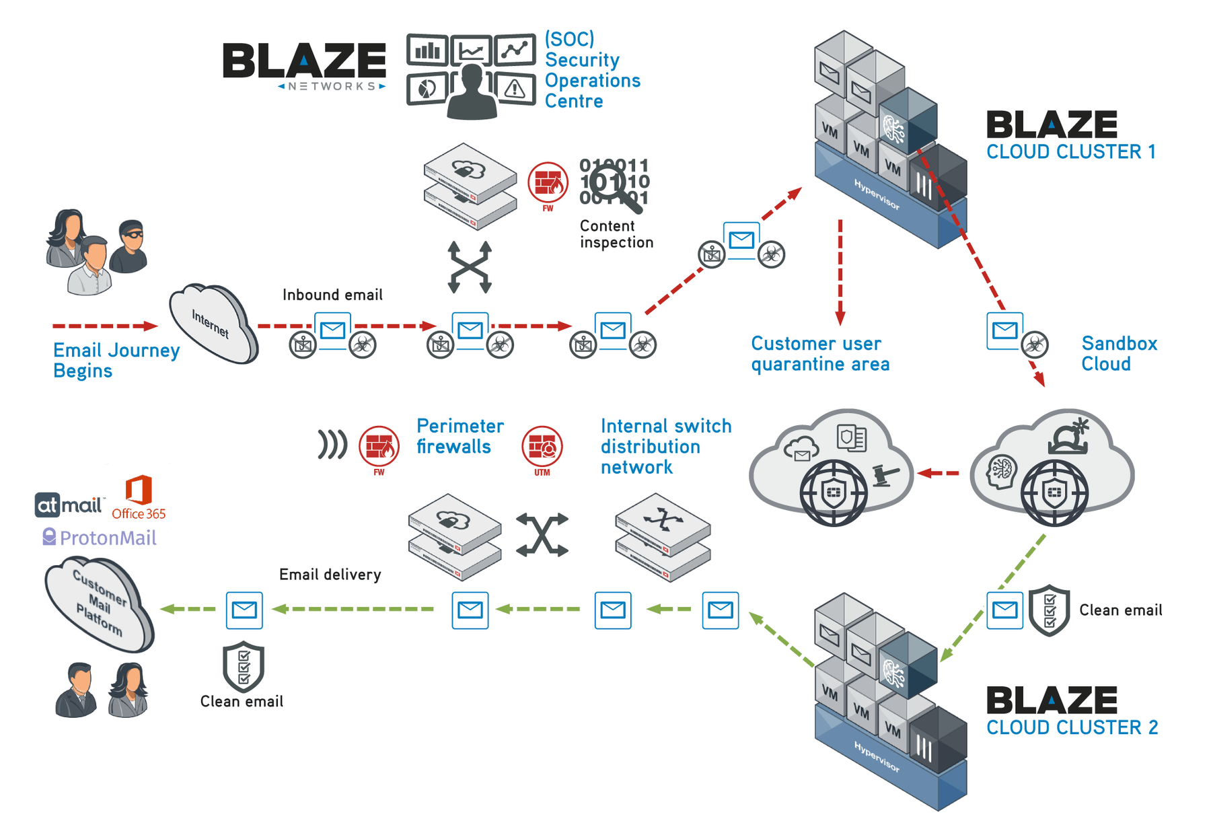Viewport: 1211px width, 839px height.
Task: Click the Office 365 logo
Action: point(139,498)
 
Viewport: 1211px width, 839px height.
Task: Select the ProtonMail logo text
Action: point(108,538)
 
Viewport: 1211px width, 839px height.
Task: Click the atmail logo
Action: point(69,505)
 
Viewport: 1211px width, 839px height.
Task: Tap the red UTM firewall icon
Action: point(542,447)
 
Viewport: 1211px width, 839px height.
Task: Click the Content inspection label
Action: point(616,234)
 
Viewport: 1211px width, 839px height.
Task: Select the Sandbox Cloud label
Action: point(1119,353)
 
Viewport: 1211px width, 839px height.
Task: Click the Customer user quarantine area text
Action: point(820,353)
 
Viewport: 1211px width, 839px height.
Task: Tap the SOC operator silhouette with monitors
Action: point(471,77)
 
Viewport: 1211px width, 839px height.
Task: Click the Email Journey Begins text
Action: point(116,360)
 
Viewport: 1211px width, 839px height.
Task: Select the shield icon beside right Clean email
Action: point(1049,610)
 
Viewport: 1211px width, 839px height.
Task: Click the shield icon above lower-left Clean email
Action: point(244,666)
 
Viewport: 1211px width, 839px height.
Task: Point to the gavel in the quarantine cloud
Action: point(885,476)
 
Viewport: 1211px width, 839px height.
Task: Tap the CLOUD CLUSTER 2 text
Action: point(1072,727)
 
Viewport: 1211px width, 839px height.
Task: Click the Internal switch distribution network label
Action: point(665,446)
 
